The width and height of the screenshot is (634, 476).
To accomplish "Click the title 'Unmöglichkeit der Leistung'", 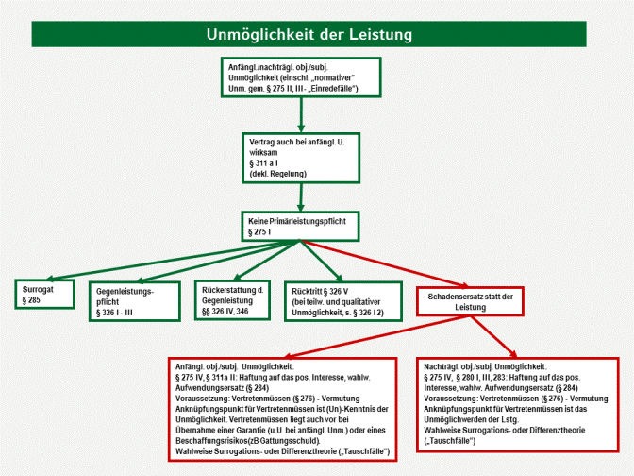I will [316, 35].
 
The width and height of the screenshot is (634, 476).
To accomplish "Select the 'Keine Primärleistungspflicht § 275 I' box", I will [300, 225].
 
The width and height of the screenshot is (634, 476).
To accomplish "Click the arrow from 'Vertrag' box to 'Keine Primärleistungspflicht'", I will [301, 196].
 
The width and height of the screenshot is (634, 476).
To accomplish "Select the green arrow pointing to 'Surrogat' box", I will [142, 260].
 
